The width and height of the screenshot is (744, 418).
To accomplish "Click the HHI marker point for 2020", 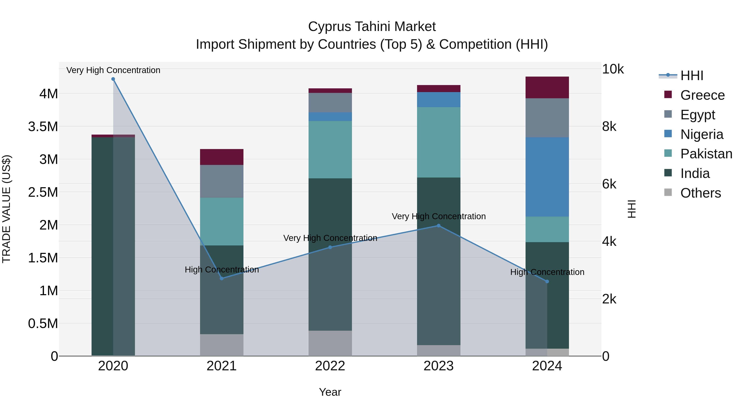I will pos(113,79).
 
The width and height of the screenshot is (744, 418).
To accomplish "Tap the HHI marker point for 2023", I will pos(438,226).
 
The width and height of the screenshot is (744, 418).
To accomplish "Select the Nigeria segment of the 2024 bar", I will pos(547,177).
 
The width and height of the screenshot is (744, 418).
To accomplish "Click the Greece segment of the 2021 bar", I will pos(222,157).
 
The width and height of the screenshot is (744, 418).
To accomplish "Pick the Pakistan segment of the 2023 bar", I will pos(438,142).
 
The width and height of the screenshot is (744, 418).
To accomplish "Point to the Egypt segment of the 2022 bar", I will pos(330,102).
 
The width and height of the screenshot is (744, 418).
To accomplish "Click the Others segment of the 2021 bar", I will pos(222,345).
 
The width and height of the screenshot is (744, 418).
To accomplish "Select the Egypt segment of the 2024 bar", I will pos(547,118).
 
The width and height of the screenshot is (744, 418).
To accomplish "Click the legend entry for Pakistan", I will pos(706,154).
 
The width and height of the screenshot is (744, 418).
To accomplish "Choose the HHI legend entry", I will pos(692,76).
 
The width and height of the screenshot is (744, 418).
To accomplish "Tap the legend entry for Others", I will pos(700,193).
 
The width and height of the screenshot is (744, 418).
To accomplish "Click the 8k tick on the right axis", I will pos(609,126).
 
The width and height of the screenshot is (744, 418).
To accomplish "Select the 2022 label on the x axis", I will pos(330,366).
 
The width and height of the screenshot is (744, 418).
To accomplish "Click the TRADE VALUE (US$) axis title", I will pos(6,209).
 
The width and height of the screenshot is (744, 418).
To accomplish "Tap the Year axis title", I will pos(330,392).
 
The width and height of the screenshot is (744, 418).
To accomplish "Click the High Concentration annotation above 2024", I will pos(547,272).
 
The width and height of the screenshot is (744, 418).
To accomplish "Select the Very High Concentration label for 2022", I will pos(330,238).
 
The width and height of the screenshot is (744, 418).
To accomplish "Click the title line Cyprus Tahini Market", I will pos(372,27).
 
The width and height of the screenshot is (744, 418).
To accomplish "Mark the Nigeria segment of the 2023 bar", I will pos(438,99).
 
